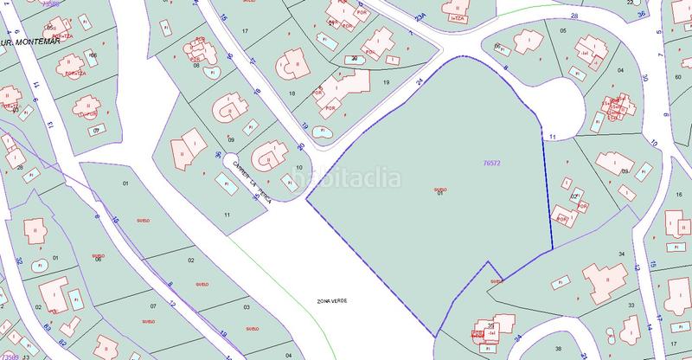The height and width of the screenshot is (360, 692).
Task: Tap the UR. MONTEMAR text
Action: point(26,39)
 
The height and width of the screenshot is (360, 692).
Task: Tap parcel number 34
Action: point(621,253)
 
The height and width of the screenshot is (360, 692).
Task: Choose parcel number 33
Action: point(631,305)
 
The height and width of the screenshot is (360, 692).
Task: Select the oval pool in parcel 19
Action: point(323,132)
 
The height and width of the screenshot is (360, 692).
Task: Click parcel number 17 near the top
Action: point(246,31)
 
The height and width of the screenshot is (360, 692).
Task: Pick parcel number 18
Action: point(292,93)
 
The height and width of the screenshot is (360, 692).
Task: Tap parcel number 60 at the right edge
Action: point(676,77)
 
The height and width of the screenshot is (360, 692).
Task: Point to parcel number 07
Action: point(153,305)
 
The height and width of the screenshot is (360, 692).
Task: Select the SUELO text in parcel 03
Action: point(252,330)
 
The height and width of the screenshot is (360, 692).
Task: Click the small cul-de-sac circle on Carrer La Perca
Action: point(234,161)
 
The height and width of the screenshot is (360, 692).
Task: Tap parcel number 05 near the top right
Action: point(562,31)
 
